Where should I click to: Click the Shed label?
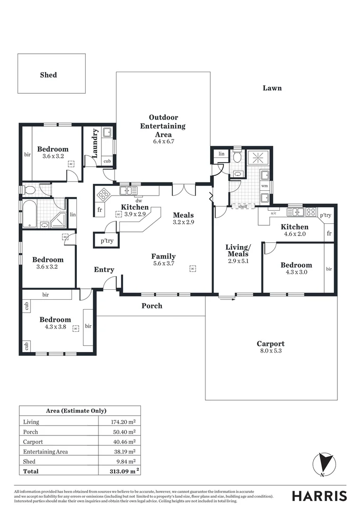(x=49, y=75)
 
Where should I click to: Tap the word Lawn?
(x=272, y=88)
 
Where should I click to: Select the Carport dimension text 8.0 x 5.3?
(x=270, y=351)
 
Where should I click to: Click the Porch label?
(x=152, y=306)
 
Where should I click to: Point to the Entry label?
(x=104, y=270)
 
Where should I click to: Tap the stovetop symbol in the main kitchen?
(x=103, y=194)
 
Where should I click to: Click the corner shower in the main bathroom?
(x=59, y=220)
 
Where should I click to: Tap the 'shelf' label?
(x=243, y=206)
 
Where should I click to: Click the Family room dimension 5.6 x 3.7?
(x=163, y=263)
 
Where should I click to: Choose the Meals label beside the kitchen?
(x=183, y=215)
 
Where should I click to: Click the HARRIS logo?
(x=319, y=496)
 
